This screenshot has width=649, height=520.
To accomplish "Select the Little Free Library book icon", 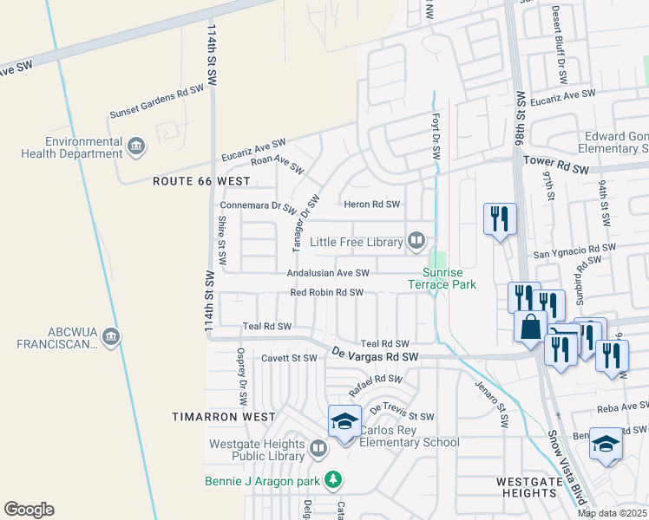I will (x=416, y=240).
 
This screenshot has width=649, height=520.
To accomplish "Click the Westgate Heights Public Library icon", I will (x=318, y=448).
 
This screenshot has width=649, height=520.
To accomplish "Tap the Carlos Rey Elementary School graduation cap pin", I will (x=344, y=421).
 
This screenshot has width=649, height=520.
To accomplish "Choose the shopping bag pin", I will (x=530, y=328).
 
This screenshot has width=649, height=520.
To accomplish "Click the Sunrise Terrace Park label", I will (x=443, y=277).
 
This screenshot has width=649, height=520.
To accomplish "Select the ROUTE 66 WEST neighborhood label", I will (x=200, y=181).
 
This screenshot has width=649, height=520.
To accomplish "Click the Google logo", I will (x=29, y=510).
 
